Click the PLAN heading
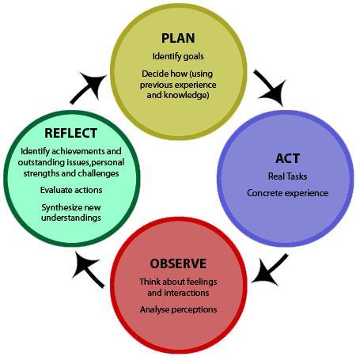178,38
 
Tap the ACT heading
287,158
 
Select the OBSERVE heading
178,263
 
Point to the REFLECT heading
71,133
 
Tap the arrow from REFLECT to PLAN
89,87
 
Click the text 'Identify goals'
178,56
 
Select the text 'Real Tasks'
287,176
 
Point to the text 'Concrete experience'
287,193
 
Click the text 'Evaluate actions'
71,190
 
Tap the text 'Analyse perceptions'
178,309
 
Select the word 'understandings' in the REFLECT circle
71,218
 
